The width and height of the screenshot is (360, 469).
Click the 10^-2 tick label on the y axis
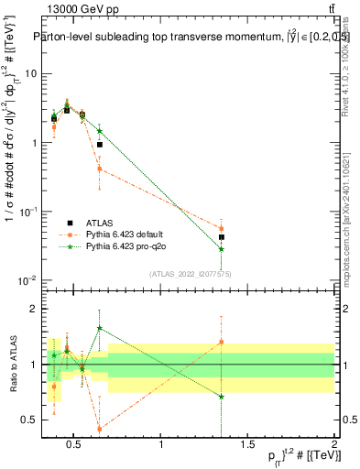point(27,280)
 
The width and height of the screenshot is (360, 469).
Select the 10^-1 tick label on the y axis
point(27,212)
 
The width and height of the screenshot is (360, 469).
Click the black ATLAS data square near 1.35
point(221,237)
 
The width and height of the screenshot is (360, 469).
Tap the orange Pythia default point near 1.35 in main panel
point(221,229)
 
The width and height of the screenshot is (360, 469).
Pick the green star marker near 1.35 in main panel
point(221,248)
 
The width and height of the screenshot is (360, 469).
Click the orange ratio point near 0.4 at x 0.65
point(99,429)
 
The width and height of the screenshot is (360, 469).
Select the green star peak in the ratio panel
point(99,327)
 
